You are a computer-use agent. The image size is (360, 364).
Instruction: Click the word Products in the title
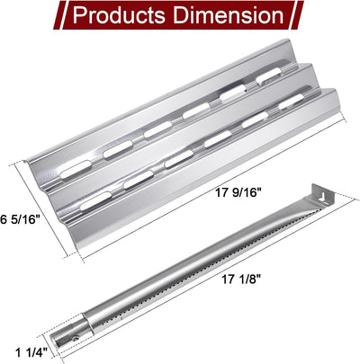118,15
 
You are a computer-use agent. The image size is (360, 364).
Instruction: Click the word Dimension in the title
229,15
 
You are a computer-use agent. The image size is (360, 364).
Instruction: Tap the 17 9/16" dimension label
237,192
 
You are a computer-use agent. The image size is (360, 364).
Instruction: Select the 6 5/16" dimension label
21,219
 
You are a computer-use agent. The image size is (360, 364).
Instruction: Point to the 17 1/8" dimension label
240,280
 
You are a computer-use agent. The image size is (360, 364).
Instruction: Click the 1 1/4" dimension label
31,353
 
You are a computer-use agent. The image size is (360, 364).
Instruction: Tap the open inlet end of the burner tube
57,342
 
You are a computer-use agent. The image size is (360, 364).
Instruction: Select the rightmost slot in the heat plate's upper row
269,75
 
